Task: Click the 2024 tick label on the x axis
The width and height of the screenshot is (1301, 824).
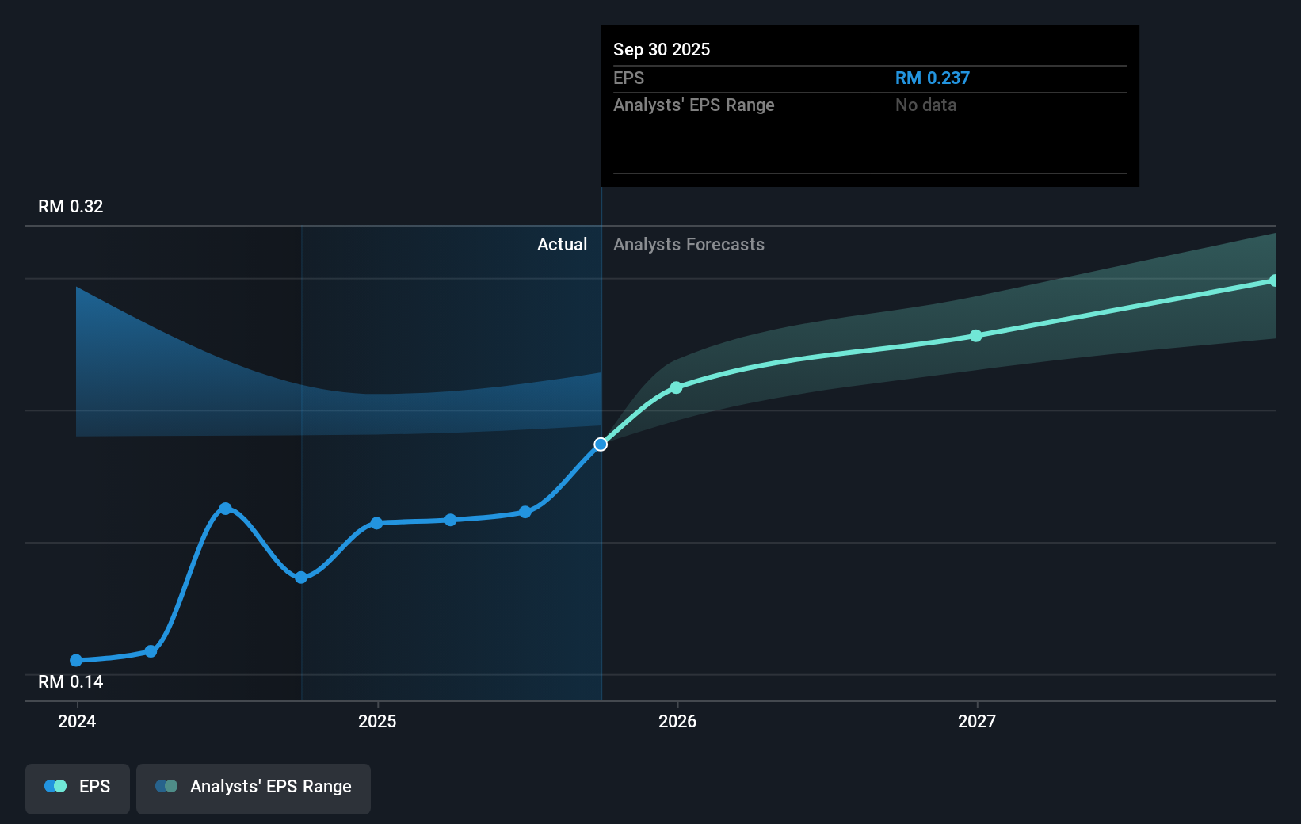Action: click(77, 721)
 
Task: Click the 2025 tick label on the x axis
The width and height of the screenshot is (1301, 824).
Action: click(377, 721)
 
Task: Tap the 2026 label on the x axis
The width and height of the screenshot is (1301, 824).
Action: click(677, 721)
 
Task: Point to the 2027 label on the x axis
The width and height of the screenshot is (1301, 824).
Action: click(977, 721)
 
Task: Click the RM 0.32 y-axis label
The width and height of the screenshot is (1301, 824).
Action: click(71, 207)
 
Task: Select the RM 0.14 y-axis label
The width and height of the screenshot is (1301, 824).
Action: click(71, 682)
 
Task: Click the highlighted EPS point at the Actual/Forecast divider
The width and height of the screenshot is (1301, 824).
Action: click(601, 444)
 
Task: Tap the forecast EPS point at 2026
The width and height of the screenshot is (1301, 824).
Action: click(676, 387)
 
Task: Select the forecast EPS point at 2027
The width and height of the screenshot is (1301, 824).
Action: click(976, 336)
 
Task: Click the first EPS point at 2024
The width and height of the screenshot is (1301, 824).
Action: click(76, 661)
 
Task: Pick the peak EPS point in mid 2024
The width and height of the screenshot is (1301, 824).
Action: click(226, 509)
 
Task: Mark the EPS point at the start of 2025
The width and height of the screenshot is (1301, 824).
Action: click(377, 523)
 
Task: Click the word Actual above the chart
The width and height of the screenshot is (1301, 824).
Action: click(562, 245)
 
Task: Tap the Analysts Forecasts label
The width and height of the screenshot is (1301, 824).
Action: click(689, 245)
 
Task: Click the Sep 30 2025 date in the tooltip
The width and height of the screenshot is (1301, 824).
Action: click(662, 50)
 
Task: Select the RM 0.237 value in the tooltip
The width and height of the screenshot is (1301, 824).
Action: click(932, 78)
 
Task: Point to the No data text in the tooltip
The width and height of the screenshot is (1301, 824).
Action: click(925, 105)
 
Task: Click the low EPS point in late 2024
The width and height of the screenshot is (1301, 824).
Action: click(301, 578)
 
